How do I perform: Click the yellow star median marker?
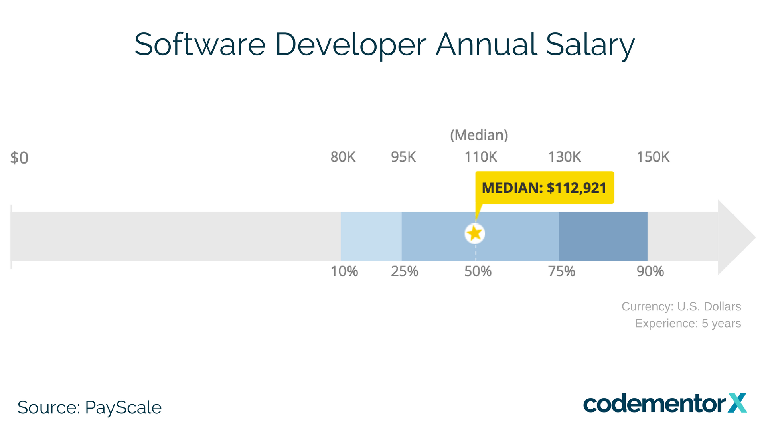475,233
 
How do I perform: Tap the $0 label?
19,158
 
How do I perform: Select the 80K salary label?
343,157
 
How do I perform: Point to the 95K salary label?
403,157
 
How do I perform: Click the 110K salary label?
481,157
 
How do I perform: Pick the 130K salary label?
565,157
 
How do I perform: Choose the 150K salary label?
653,157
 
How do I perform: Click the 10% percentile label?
344,271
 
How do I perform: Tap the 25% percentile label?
405,271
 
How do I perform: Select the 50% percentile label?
478,271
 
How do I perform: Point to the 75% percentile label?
562,271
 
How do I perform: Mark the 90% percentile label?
650,271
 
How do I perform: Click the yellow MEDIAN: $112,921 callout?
544,188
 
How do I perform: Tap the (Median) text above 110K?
479,135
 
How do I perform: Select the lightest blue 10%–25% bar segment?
371,237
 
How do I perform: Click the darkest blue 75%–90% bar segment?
603,237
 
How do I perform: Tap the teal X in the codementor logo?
737,403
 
